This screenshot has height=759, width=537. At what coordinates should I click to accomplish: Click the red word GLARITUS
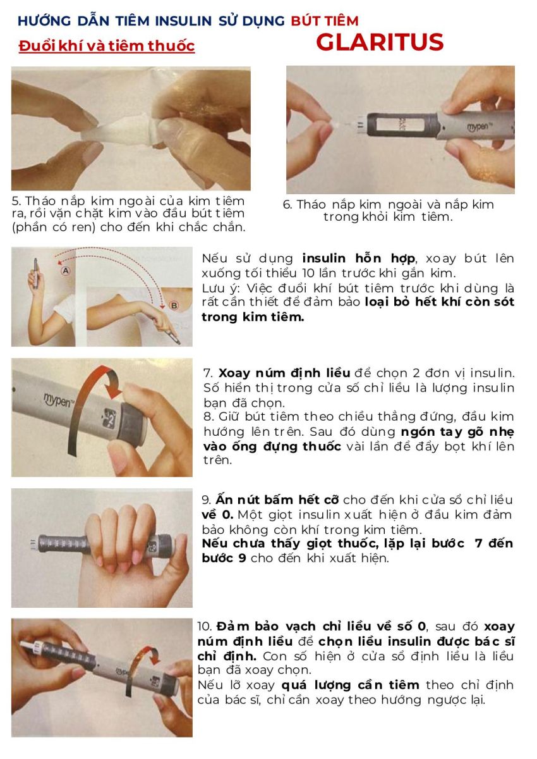pyautogui.click(x=379, y=42)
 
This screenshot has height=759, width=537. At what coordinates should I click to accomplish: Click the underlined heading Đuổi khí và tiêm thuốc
pyautogui.click(x=107, y=46)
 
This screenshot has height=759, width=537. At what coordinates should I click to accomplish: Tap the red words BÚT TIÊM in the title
pyautogui.click(x=325, y=21)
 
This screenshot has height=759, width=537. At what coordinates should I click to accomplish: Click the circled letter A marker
pyautogui.click(x=66, y=271)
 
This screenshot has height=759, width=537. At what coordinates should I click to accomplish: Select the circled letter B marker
pyautogui.click(x=174, y=305)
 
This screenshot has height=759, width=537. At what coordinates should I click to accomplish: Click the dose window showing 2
pyautogui.click(x=110, y=416)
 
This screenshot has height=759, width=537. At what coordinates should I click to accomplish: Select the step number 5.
pyautogui.click(x=16, y=201)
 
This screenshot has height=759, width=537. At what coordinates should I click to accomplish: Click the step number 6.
pyautogui.click(x=287, y=205)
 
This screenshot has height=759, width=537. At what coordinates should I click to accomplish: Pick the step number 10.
pyautogui.click(x=205, y=626)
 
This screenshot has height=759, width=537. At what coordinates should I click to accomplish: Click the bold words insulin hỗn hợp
pyautogui.click(x=358, y=259)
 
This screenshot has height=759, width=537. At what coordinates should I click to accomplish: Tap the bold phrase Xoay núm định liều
pyautogui.click(x=284, y=373)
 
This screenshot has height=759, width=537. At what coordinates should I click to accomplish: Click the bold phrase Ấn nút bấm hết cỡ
pyautogui.click(x=277, y=500)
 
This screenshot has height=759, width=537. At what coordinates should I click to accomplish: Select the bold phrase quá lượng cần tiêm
pyautogui.click(x=350, y=685)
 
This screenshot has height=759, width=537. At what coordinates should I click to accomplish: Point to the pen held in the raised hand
pyautogui.click(x=36, y=273)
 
